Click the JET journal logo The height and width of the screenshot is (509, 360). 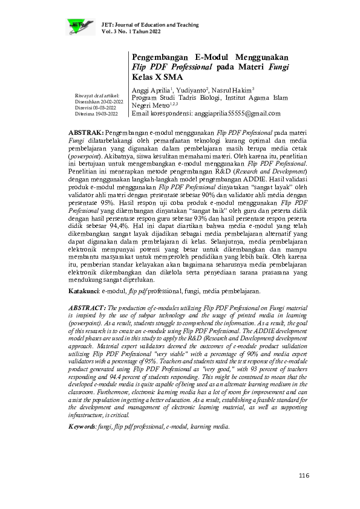80,25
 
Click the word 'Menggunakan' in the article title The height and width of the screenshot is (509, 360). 260,56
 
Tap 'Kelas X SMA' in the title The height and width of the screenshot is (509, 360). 157,77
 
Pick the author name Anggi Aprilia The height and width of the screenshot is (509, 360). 152,90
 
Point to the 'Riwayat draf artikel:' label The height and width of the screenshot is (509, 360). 96,96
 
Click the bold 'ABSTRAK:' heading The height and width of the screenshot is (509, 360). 87,131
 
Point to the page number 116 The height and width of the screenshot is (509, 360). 304,476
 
